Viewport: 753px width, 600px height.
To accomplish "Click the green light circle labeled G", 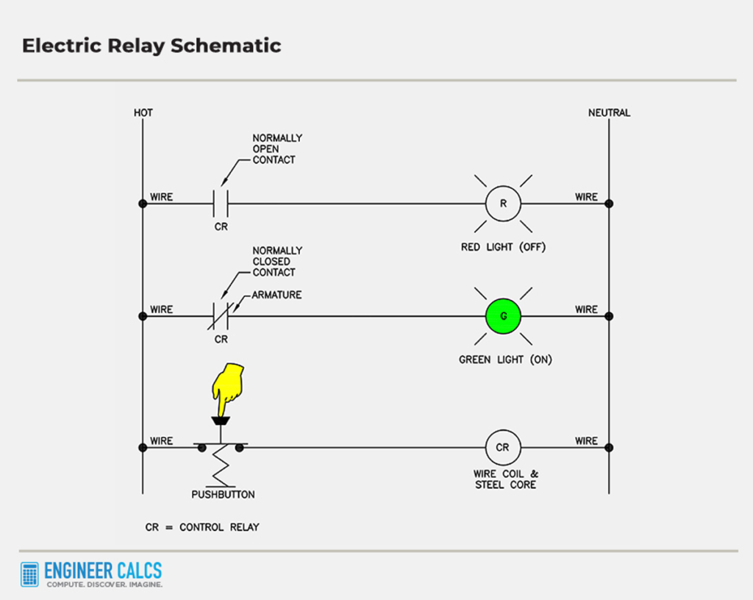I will click(x=503, y=316).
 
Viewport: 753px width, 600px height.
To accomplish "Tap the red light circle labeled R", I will click(x=503, y=204).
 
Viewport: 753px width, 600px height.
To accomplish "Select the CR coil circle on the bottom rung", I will click(x=503, y=447).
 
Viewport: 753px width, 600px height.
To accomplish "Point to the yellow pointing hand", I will click(x=227, y=385).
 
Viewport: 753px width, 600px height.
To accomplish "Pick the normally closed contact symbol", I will click(x=221, y=316).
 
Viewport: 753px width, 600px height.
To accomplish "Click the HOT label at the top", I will click(x=143, y=113).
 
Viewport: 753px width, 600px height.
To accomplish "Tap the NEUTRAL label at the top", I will click(x=609, y=113).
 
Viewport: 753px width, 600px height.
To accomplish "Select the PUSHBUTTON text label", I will click(x=223, y=495).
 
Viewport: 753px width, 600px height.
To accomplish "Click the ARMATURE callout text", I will click(x=276, y=295).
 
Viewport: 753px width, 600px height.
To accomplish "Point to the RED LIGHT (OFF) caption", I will click(x=503, y=247).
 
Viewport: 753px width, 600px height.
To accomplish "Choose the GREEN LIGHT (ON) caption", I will click(x=505, y=360).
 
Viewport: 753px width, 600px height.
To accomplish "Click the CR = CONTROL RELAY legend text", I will click(x=202, y=527).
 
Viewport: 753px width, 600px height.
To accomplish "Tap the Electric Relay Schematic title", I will click(x=151, y=46).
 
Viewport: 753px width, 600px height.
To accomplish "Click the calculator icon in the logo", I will click(x=30, y=574).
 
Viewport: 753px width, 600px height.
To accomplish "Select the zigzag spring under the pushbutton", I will click(x=221, y=466).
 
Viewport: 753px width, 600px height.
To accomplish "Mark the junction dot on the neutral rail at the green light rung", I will click(x=609, y=316).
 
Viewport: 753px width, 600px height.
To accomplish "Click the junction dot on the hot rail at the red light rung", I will click(x=142, y=204).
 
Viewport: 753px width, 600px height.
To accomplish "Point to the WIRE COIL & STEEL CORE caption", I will click(x=505, y=479).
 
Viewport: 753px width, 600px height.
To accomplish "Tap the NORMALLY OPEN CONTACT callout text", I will click(x=277, y=149).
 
